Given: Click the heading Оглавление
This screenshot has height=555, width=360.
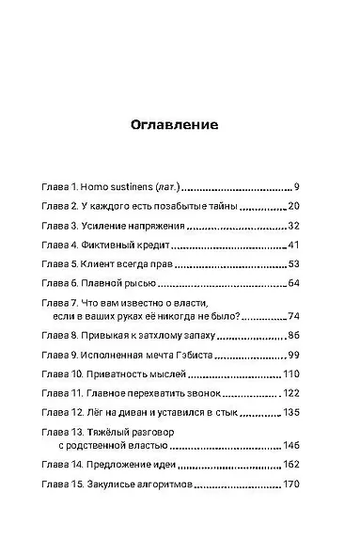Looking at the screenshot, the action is point(179,123).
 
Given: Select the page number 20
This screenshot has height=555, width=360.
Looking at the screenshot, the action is point(293,206).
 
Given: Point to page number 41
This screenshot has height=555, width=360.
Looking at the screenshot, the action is point(293,246).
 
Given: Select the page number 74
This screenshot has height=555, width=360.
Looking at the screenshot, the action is point(293,318).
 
